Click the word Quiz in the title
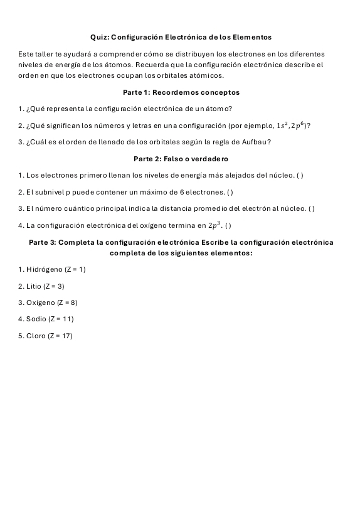click(99, 38)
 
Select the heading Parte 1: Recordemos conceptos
click(181, 92)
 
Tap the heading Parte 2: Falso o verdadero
click(181, 159)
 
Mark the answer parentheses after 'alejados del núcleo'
click(300, 175)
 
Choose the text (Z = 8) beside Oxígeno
click(67, 302)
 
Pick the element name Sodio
click(36, 319)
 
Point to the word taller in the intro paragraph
click(43, 55)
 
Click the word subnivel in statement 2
click(51, 191)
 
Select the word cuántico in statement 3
click(71, 208)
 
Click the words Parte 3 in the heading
click(43, 242)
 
